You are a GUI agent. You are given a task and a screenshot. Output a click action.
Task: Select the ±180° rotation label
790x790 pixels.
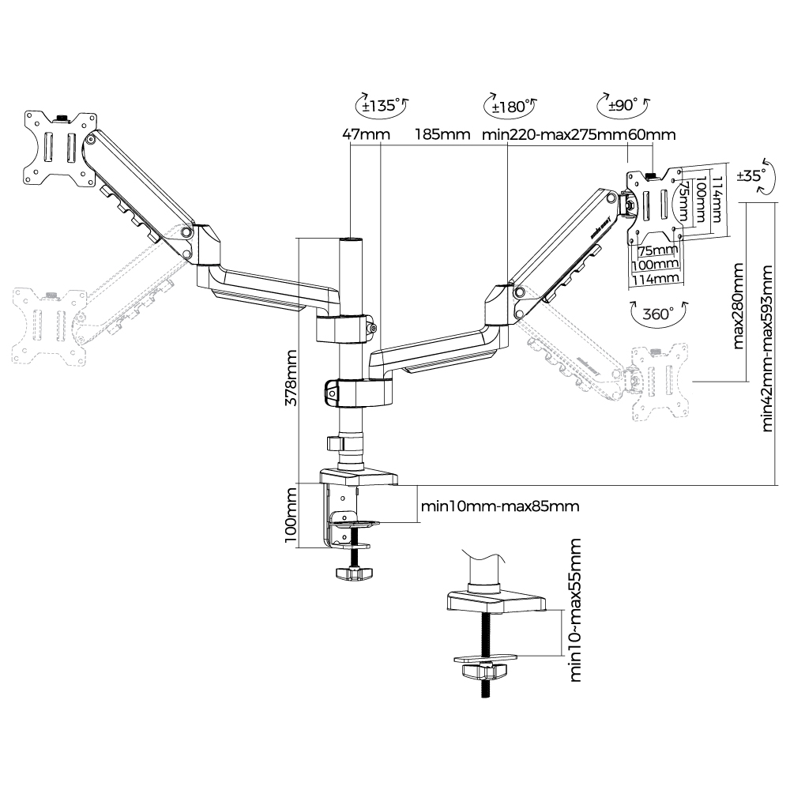tap(509, 106)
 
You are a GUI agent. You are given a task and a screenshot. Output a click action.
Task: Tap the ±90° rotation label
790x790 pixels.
tap(623, 106)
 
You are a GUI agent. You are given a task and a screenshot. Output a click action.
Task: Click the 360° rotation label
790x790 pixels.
tap(657, 313)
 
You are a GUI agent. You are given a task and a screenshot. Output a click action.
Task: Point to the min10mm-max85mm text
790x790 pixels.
tap(498, 506)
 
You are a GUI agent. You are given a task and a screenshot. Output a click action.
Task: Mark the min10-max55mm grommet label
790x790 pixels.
tap(575, 610)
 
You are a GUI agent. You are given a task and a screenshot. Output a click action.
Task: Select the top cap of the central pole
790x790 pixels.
tap(352, 238)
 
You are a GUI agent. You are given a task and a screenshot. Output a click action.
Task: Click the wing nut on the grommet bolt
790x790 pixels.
tap(483, 672)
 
